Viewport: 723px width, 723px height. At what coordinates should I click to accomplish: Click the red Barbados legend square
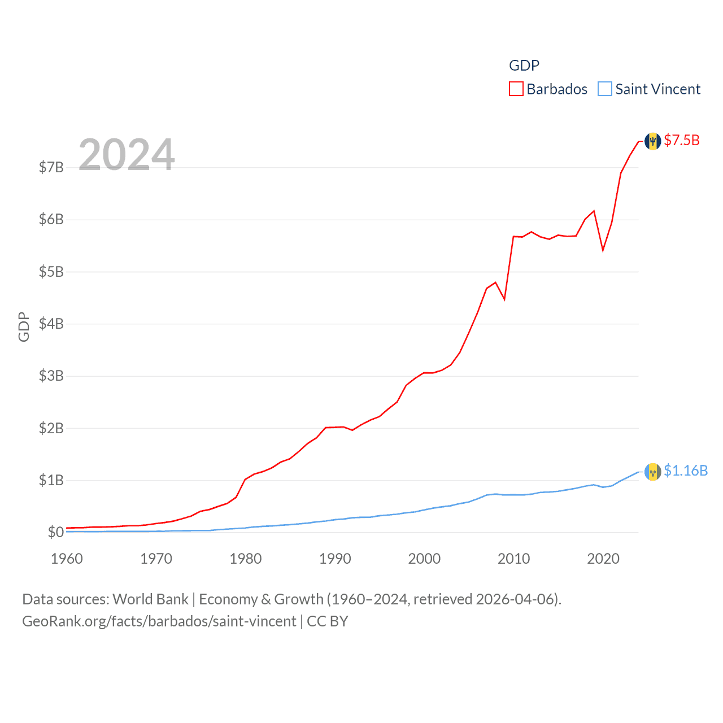click(x=516, y=89)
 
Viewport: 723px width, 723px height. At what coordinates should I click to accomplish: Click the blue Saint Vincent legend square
click(x=605, y=89)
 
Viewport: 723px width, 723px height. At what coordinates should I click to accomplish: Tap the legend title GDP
click(x=524, y=66)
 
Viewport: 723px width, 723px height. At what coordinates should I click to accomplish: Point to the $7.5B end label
click(x=682, y=140)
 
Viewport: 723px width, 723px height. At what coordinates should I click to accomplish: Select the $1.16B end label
click(x=686, y=471)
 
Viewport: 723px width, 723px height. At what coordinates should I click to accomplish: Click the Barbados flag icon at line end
click(x=653, y=141)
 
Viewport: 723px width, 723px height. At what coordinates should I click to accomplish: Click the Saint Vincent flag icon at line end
click(x=653, y=472)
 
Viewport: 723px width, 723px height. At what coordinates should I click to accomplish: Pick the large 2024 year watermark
click(x=127, y=154)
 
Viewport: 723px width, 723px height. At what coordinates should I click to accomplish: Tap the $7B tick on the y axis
click(x=51, y=167)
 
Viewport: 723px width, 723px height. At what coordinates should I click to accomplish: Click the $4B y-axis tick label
click(x=51, y=324)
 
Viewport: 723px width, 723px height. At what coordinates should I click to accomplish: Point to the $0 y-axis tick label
click(x=55, y=532)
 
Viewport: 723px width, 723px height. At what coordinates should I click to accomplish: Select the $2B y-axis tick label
click(x=51, y=428)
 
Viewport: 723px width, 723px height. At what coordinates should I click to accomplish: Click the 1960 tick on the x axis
click(x=67, y=559)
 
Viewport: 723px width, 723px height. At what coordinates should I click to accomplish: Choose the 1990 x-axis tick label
click(x=335, y=559)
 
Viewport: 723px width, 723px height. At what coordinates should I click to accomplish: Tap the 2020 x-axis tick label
click(x=603, y=559)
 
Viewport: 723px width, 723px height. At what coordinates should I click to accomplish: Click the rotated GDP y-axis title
click(x=24, y=326)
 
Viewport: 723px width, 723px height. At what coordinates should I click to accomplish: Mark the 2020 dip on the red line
click(x=603, y=250)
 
